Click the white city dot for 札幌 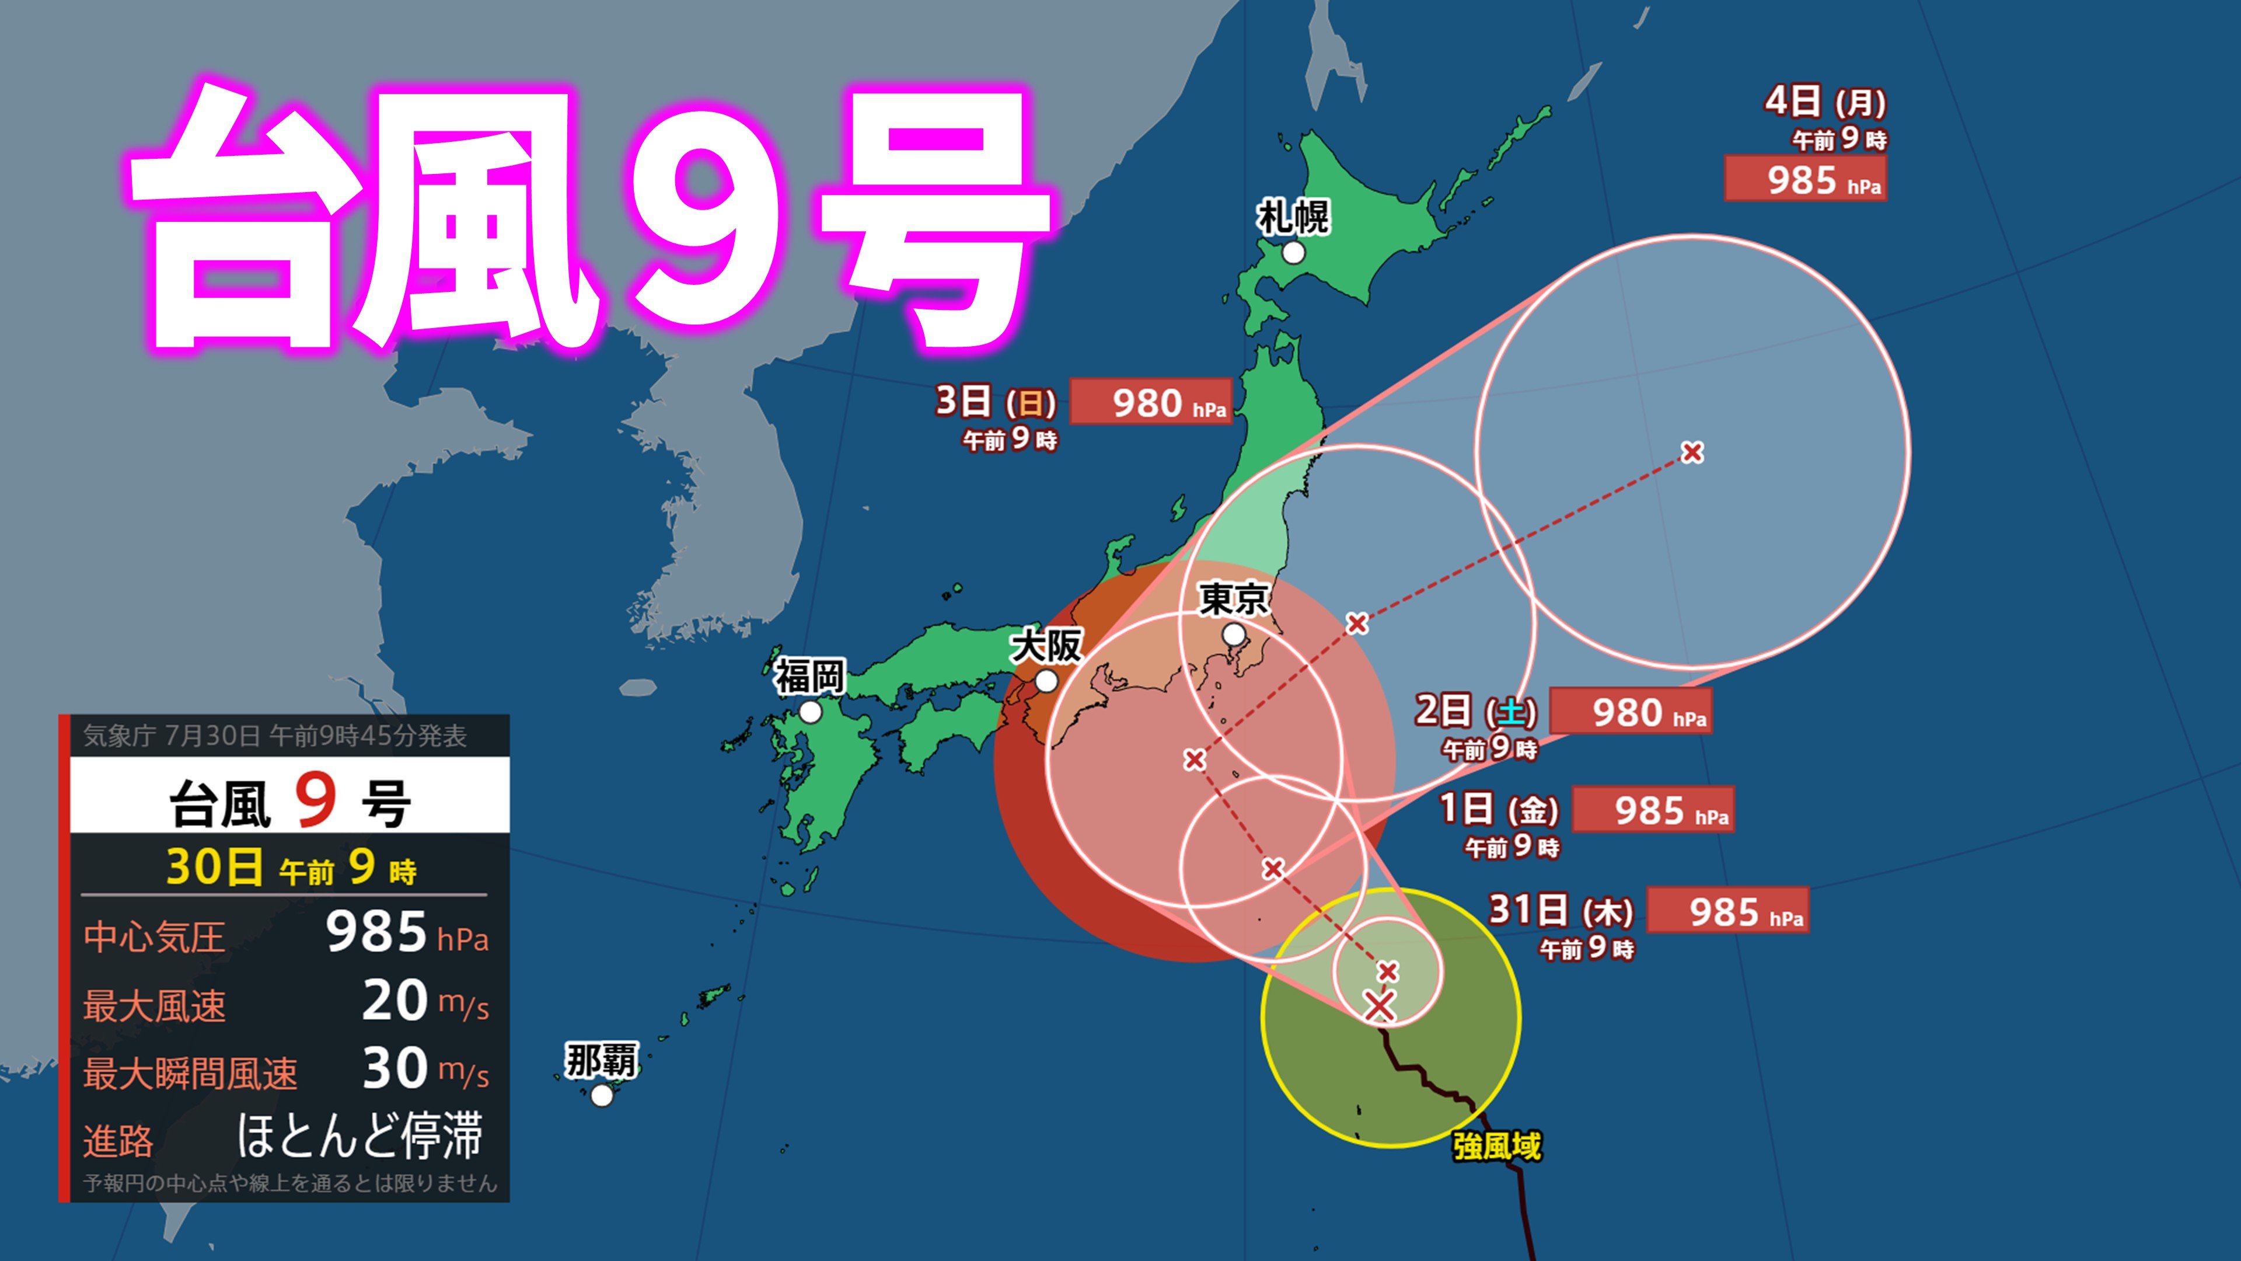(x=1294, y=252)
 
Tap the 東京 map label (x=1234, y=599)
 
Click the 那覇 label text (x=601, y=1061)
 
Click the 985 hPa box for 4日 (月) (x=1805, y=179)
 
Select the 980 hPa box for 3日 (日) (x=1150, y=402)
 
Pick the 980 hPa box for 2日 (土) (x=1631, y=712)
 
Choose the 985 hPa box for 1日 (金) (x=1653, y=810)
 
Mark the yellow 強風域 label (x=1496, y=1146)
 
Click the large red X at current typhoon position (x=1379, y=1006)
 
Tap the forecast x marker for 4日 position (x=1692, y=452)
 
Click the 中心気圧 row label (x=154, y=936)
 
